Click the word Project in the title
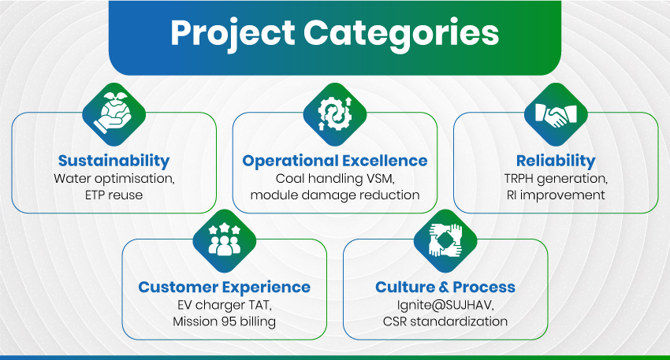[x=233, y=33]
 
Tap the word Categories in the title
[x=401, y=33]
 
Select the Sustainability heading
[x=114, y=161]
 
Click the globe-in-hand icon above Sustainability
[x=114, y=114]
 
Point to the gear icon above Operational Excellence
[x=335, y=114]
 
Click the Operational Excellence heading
[x=335, y=161]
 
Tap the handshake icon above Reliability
[x=556, y=114]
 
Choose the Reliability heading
[x=556, y=161]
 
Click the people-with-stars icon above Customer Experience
[x=225, y=241]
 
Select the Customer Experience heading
[x=225, y=288]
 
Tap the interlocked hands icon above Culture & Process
[x=445, y=241]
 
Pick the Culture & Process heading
[x=445, y=287]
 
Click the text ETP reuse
[x=114, y=195]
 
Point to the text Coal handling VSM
[x=335, y=179]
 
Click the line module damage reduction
[x=335, y=195]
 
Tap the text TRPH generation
[x=556, y=179]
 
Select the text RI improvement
[x=556, y=195]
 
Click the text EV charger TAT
[x=225, y=305]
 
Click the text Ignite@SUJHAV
[x=445, y=305]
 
